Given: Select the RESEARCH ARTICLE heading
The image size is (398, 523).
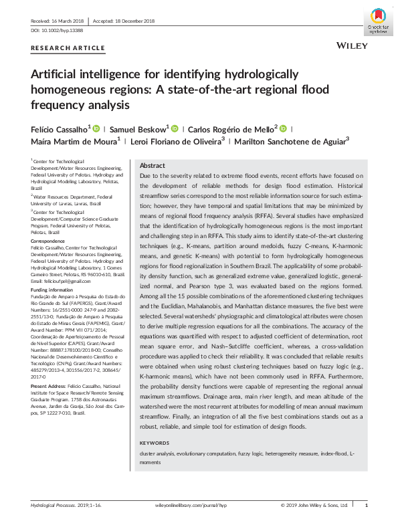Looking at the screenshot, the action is point(68,48).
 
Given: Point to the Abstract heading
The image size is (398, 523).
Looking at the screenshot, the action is point(153,165).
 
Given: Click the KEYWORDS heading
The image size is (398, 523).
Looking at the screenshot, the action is point(156,443).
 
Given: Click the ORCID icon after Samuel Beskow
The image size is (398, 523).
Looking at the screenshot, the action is point(175,128).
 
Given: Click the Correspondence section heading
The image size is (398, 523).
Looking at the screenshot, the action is point(47,237).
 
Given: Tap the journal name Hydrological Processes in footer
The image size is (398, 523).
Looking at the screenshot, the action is point(54,505).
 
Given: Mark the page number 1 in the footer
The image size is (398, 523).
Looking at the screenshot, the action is point(375,505).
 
